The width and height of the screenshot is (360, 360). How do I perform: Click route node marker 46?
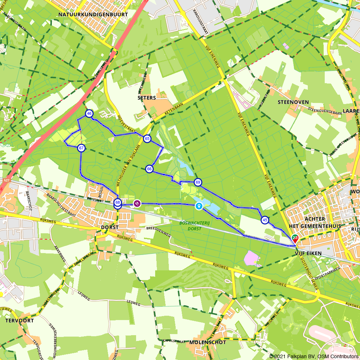(89, 114)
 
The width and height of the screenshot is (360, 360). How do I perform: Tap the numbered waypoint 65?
(147, 139)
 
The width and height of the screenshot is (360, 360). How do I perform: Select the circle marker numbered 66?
(149, 169)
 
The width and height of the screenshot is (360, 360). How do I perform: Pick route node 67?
(82, 148)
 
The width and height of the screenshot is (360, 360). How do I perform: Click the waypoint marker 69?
(198, 182)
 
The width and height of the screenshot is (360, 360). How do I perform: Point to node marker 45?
(265, 220)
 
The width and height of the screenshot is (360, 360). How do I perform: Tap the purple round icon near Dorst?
(137, 204)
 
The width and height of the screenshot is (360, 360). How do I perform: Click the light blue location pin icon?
(199, 206)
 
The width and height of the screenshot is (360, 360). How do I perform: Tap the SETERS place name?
(147, 98)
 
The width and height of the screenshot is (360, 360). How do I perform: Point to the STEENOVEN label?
(293, 102)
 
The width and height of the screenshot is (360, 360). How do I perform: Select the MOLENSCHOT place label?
(208, 342)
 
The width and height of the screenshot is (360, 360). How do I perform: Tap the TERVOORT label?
(20, 320)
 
